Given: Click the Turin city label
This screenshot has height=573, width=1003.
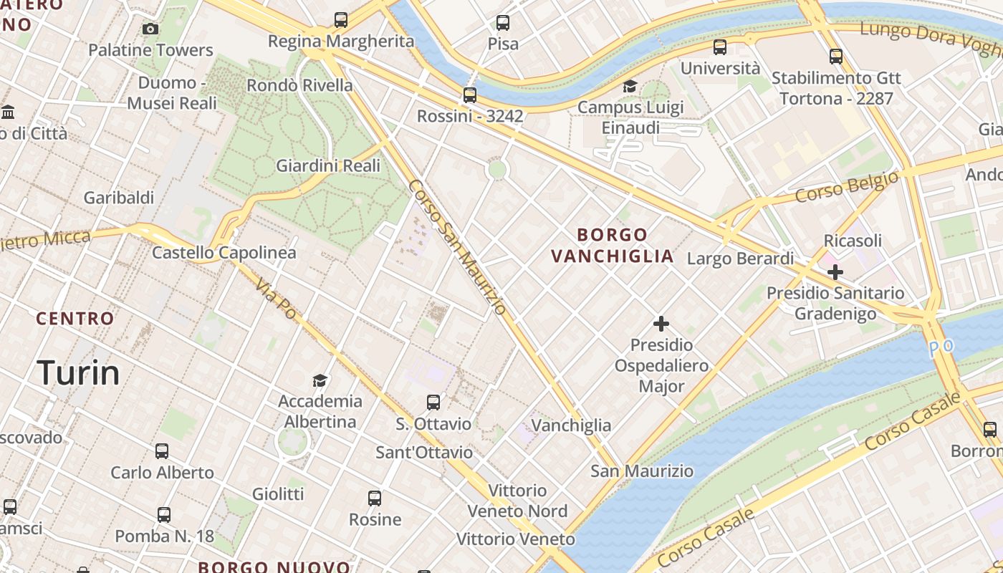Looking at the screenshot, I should (78, 373).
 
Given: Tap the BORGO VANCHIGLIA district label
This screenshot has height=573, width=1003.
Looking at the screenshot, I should (613, 246).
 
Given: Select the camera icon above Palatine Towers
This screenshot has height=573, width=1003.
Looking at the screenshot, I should (150, 29).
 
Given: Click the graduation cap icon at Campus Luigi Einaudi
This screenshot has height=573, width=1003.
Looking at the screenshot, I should (630, 87).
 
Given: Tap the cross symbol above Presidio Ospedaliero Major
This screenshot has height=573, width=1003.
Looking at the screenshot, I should (661, 324).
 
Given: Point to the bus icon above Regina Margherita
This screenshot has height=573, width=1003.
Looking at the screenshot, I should (341, 20).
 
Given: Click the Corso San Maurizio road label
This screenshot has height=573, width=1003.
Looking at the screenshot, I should (458, 247).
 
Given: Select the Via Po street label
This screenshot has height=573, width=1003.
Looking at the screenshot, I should (275, 298).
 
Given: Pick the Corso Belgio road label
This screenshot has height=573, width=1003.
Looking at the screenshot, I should (847, 187).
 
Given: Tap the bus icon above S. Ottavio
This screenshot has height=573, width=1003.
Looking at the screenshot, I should (433, 403).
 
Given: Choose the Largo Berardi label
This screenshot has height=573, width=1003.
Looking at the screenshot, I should (741, 258).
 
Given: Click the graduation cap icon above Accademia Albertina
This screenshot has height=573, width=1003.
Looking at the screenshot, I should (320, 380).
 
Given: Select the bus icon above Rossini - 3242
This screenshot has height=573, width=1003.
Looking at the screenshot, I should (470, 95).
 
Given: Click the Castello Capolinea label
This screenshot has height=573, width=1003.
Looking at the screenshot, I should (224, 253).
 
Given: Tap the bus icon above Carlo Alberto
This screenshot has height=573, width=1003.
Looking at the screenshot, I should (162, 451).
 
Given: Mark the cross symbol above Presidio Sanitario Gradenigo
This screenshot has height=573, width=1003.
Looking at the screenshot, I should (835, 272).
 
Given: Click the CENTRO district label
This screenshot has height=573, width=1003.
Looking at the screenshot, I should (75, 319).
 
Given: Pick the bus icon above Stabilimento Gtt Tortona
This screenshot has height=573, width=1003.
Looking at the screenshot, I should (835, 57).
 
